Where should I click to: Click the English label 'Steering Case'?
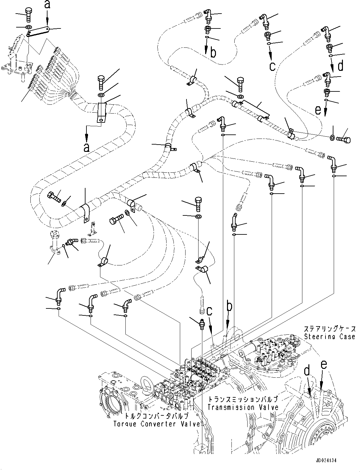click(x=330, y=337)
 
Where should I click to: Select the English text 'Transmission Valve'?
click(x=243, y=407)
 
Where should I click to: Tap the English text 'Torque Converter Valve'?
click(x=158, y=424)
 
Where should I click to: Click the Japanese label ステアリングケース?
click(x=330, y=329)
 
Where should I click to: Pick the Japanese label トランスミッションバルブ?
click(x=243, y=399)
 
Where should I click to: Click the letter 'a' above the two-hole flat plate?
click(x=47, y=4)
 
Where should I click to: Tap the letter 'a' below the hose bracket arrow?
click(x=86, y=147)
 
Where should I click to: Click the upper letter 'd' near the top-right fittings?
click(x=340, y=66)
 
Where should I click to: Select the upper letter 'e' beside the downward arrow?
click(x=318, y=110)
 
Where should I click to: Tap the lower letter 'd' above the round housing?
click(x=306, y=371)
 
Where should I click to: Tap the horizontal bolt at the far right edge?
click(x=344, y=139)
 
